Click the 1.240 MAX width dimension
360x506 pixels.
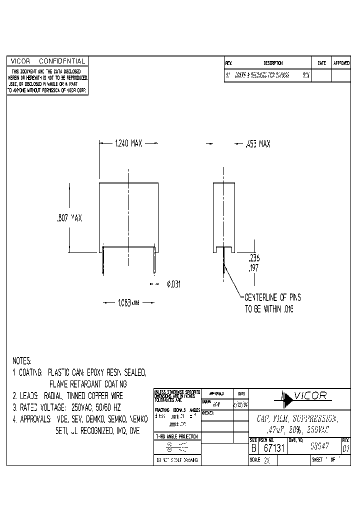(128, 143)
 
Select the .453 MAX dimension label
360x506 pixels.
(257, 144)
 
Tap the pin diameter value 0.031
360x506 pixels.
(173, 284)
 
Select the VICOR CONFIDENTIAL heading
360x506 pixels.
(47, 61)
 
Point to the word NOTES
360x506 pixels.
(21, 360)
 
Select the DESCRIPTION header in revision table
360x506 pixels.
(273, 63)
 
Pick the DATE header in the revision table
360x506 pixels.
(321, 63)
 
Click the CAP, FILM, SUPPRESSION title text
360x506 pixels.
(298, 418)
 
